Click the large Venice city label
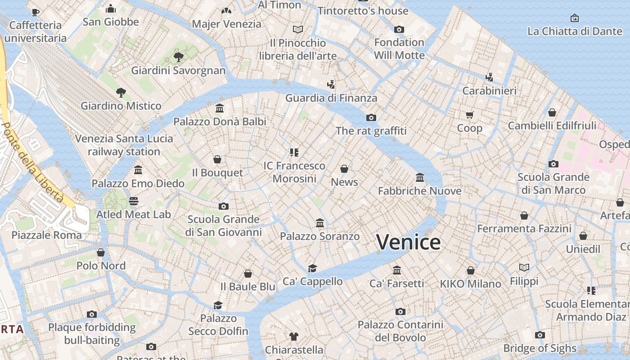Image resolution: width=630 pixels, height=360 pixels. point(409,242)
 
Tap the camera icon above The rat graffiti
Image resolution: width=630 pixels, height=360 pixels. point(371,118)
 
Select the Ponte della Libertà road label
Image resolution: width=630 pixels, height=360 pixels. point(32,162)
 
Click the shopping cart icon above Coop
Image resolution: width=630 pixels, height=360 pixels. point(470,115)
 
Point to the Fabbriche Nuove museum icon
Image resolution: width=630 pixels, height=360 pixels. point(420,178)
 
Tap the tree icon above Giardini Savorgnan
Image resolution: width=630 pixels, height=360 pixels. point(179,57)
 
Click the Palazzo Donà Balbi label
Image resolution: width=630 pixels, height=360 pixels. point(220,121)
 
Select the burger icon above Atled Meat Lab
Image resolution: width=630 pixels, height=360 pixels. point(134,201)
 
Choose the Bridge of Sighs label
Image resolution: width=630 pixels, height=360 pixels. point(540,348)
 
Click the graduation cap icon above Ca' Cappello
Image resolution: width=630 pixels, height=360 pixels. point(312,269)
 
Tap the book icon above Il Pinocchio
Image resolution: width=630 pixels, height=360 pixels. point(298,30)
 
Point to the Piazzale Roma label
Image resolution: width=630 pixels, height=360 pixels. point(47,235)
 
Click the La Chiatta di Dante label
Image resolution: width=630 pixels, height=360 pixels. point(575,31)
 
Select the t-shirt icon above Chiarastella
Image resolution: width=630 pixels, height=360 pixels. point(294,337)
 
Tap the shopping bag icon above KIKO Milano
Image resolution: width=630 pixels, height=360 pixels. point(470,270)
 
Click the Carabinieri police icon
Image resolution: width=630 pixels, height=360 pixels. point(489,77)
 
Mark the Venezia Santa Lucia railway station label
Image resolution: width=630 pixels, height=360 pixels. point(124,145)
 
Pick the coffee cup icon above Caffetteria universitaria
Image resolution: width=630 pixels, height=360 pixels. point(36,12)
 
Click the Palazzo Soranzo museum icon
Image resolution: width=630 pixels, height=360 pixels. point(320,223)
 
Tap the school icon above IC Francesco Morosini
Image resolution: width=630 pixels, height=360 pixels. point(294,153)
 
